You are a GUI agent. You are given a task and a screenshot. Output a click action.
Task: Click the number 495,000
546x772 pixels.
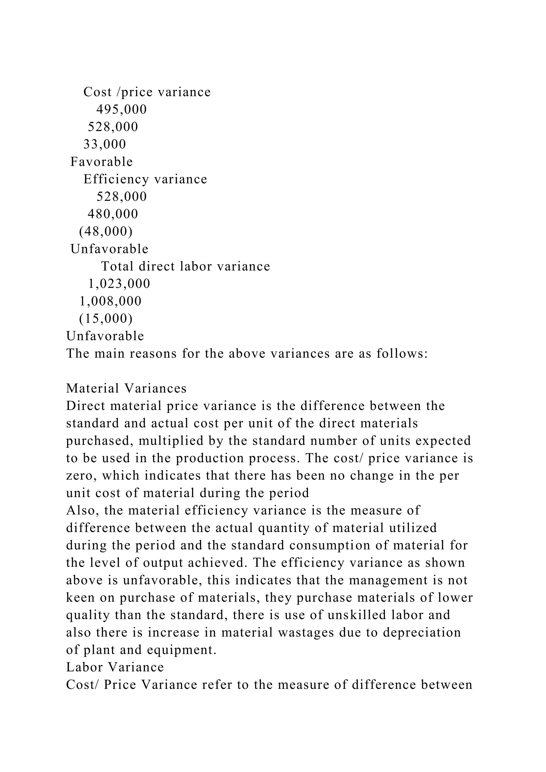121,110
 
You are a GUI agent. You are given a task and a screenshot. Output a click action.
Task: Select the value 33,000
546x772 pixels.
105,144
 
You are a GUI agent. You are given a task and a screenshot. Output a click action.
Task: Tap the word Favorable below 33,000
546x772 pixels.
102,162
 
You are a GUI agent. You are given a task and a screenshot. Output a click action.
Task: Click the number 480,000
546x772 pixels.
113,214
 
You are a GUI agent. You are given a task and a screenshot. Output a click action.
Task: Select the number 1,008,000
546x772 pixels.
110,301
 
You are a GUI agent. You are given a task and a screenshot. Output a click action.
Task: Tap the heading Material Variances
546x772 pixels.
126,388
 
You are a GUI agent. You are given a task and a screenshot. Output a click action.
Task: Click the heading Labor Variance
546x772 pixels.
115,667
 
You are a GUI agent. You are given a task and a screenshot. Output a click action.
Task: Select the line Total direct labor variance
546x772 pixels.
186,266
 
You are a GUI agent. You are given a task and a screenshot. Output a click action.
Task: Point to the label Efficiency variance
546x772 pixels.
145,179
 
